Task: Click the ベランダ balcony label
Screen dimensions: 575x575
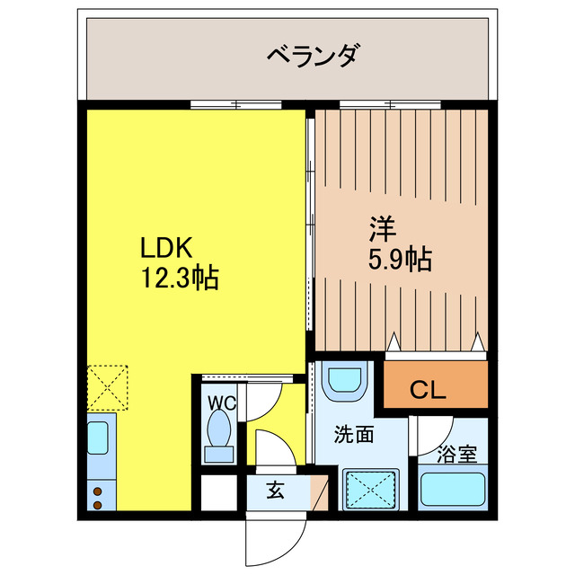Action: tap(314, 56)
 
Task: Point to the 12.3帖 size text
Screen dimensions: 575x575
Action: tap(178, 278)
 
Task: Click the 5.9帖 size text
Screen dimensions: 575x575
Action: tap(399, 260)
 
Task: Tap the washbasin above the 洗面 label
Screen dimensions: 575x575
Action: tap(345, 382)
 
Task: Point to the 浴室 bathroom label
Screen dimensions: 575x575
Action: tap(456, 455)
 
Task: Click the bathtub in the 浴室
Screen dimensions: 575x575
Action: tap(454, 491)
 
